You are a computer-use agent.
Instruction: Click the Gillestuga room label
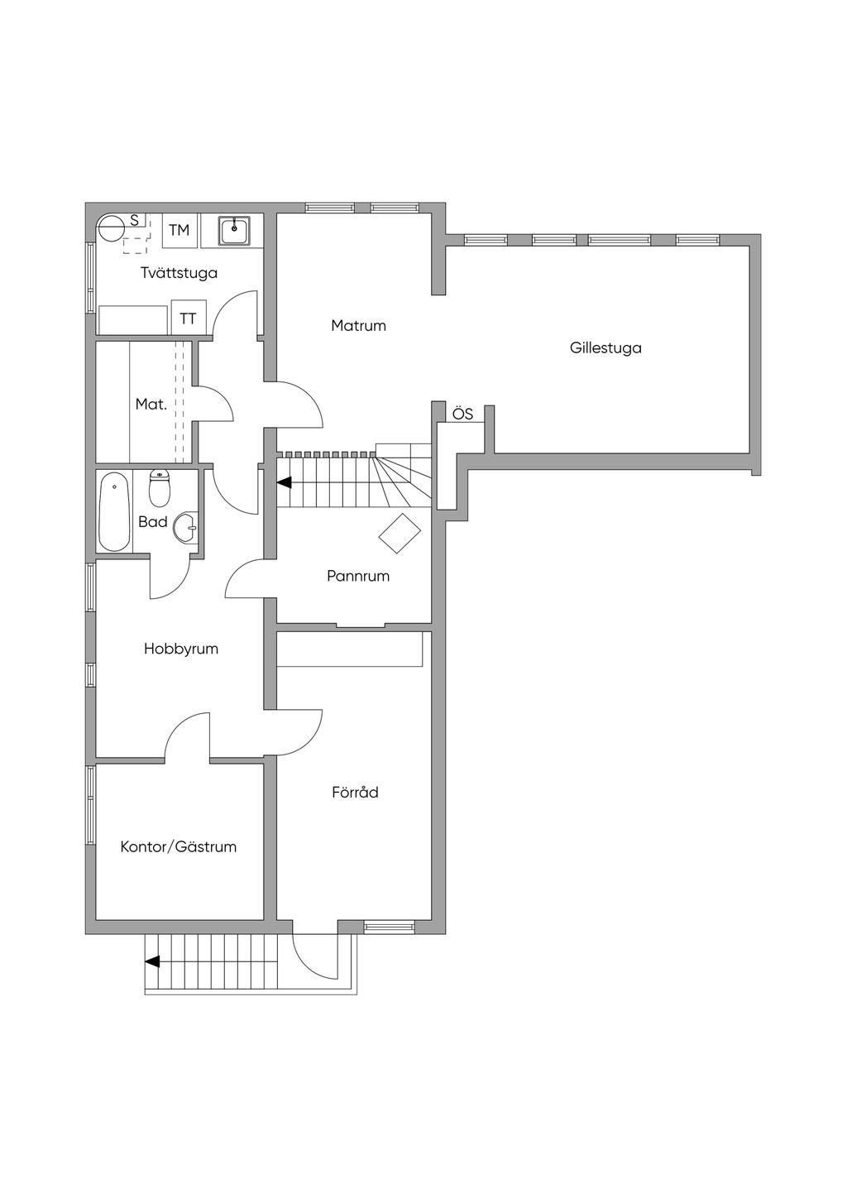(605, 348)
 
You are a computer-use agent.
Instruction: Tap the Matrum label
(358, 325)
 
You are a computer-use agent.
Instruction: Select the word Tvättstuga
(179, 273)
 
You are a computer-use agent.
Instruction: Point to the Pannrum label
(358, 576)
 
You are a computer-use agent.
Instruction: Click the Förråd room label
(355, 792)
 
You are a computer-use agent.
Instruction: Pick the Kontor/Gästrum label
(179, 846)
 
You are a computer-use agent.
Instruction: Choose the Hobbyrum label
(181, 649)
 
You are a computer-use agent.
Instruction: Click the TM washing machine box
(179, 230)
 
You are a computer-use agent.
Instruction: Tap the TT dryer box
(189, 318)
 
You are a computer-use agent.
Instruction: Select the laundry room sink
(234, 231)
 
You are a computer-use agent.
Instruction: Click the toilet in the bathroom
(159, 488)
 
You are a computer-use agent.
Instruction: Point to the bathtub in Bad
(114, 511)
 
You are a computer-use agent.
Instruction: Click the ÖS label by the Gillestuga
(463, 414)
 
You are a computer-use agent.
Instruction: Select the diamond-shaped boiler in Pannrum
(400, 533)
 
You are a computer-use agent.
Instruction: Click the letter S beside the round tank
(135, 220)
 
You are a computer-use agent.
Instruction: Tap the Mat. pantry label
(151, 404)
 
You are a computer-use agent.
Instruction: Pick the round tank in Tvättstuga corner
(111, 228)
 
